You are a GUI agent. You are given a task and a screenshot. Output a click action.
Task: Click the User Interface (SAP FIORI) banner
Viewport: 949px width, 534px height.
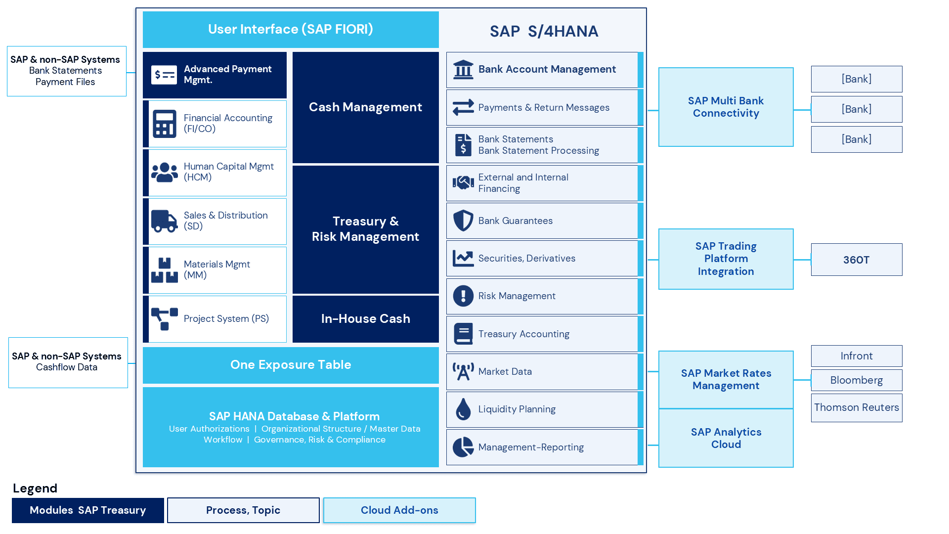291,30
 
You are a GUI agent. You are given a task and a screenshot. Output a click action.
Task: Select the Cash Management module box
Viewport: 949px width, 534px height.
365,107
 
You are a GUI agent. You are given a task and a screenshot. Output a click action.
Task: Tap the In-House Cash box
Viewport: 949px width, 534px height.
365,319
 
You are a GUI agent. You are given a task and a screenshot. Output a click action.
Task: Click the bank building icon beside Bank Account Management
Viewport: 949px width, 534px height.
463,70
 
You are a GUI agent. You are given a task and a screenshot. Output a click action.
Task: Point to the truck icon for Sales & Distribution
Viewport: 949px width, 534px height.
164,221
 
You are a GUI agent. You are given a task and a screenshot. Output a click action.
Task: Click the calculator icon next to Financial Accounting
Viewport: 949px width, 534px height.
164,124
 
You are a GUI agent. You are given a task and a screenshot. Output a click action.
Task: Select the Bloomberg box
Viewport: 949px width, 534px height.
856,380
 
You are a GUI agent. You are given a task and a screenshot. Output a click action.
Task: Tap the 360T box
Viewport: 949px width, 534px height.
856,260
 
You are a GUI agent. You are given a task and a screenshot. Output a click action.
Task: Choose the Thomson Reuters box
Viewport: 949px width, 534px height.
856,407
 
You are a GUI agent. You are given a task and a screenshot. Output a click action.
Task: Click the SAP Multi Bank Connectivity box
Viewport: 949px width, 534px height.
726,107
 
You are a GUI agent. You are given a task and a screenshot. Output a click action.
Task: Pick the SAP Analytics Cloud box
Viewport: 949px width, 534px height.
726,438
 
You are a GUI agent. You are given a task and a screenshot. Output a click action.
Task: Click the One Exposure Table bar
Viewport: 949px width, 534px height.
291,365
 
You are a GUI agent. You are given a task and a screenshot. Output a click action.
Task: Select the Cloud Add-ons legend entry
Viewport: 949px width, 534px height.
399,510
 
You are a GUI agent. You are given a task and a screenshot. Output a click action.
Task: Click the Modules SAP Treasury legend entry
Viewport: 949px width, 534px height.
87,510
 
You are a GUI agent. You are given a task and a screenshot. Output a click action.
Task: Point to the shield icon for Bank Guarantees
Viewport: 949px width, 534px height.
463,221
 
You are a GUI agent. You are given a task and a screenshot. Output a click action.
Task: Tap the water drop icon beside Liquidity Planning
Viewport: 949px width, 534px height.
463,409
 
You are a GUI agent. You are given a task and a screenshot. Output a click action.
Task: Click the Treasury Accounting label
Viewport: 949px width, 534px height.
523,334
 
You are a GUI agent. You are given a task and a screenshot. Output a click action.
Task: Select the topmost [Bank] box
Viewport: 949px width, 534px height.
856,79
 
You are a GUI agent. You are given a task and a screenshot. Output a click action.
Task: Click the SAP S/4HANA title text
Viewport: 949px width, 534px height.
544,32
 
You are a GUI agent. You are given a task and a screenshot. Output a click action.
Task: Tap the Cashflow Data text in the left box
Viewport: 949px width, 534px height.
67,367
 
